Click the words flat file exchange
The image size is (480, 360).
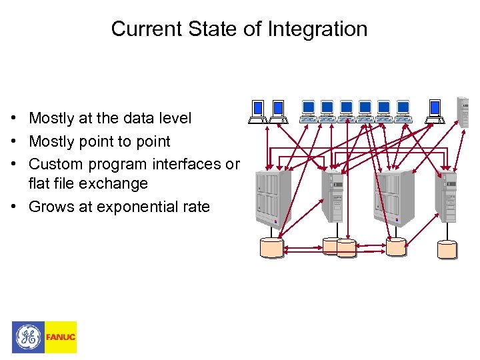point(88,183)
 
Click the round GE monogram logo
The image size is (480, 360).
point(28,337)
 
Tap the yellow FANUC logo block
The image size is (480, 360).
point(61,337)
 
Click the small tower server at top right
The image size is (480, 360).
point(462,111)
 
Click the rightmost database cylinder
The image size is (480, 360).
point(447,249)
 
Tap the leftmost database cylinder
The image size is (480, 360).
point(271,247)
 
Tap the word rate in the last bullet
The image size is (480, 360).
point(196,207)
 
